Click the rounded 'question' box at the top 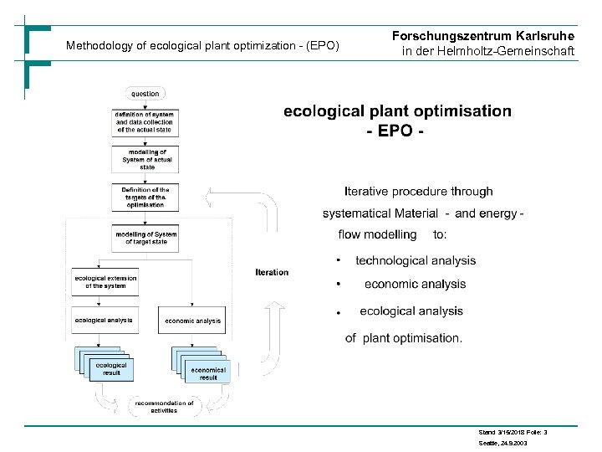145,94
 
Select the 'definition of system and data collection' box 145,122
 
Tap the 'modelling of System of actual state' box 145,158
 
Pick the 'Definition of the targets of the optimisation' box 145,197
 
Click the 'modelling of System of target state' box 145,239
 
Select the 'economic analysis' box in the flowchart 192,321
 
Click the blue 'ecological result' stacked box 111,369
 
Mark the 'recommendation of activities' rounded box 164,407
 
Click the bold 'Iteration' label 272,272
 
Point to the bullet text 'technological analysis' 416,261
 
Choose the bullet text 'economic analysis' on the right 415,285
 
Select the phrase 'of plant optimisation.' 403,338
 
